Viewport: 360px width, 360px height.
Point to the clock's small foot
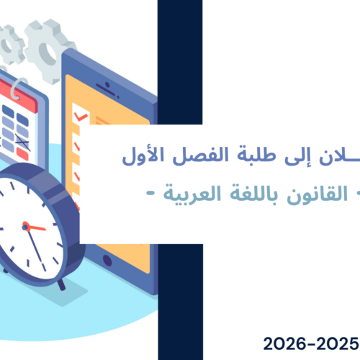click(60, 284)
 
